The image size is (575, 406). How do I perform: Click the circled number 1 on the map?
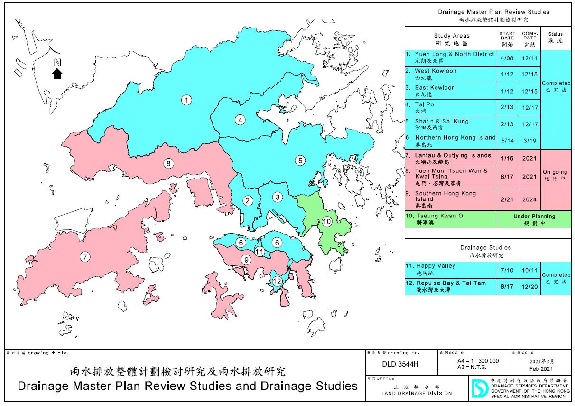(187, 100)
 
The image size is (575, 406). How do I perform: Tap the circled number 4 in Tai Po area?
(241, 120)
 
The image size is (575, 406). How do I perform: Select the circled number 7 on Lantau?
(85, 257)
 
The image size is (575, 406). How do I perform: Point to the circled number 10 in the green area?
(326, 221)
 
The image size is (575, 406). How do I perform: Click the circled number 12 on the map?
(277, 281)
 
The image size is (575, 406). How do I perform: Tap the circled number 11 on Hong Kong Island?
(259, 251)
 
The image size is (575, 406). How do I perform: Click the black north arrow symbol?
(57, 73)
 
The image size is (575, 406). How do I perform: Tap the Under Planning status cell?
(534, 219)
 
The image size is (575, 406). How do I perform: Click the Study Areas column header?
(451, 38)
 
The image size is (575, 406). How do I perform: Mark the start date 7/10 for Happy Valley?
(507, 269)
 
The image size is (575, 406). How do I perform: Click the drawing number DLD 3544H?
(399, 364)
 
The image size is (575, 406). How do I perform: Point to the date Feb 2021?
(541, 368)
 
